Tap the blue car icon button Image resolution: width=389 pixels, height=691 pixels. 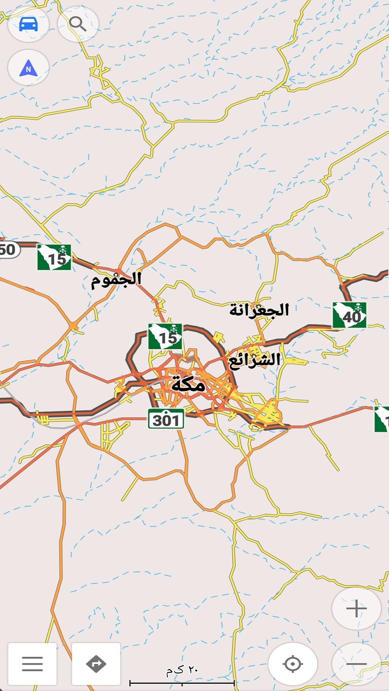28,24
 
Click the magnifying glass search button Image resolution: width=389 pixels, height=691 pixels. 78,24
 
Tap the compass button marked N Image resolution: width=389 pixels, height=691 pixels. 28,68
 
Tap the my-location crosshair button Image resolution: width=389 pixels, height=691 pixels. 292,664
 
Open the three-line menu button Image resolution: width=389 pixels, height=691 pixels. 32,664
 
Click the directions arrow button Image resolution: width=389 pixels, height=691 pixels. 96,664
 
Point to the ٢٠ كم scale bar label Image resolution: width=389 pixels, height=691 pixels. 182,670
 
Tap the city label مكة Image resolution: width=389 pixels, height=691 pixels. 188,384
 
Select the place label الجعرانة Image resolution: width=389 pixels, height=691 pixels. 259,310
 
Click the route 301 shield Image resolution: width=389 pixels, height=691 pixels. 166,419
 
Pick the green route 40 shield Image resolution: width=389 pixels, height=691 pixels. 349,315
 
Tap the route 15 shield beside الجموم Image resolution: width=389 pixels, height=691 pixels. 54,257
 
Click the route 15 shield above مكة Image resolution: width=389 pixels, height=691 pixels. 165,337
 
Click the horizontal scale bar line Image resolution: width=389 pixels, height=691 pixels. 182,682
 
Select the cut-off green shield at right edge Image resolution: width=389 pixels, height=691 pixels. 382,419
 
